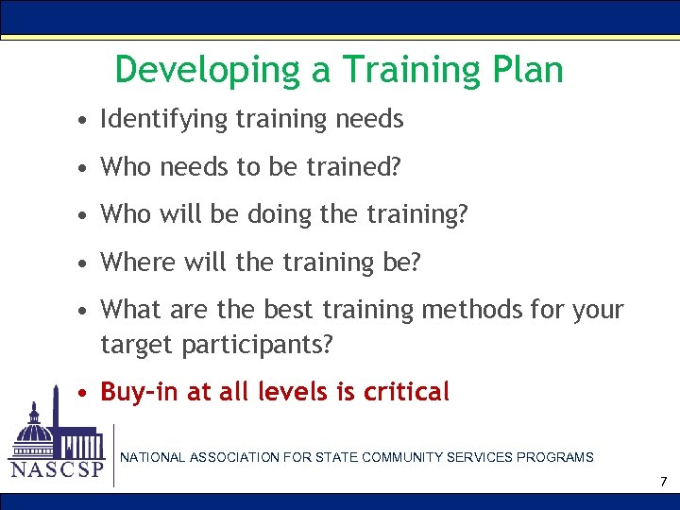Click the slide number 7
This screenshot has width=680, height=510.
(x=663, y=483)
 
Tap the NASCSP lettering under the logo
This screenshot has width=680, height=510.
(x=57, y=470)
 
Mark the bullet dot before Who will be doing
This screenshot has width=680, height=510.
(x=85, y=215)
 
